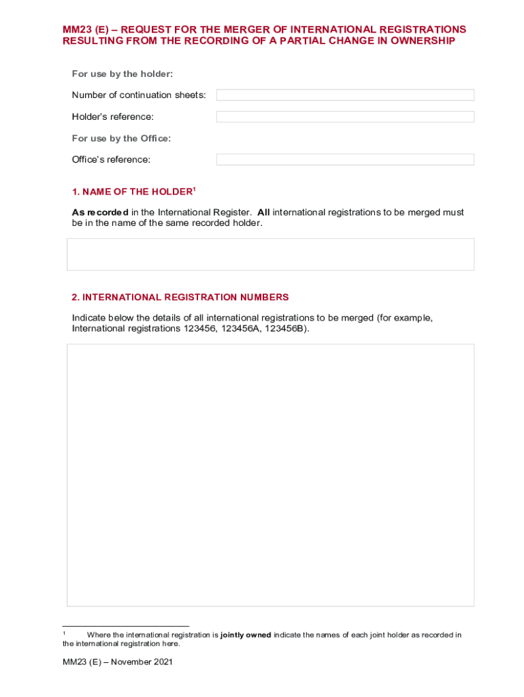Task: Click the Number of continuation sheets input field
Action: (345, 95)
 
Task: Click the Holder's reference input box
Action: (345, 117)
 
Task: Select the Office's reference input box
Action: (345, 159)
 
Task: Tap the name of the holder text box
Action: (270, 255)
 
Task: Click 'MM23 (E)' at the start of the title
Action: (82, 30)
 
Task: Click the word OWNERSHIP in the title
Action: (420, 41)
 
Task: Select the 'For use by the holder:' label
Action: (118, 74)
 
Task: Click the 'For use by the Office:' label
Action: (121, 138)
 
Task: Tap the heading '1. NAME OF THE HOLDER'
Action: (133, 192)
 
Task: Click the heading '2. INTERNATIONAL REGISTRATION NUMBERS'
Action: (180, 297)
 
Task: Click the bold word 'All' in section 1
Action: (263, 212)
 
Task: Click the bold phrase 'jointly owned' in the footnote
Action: (246, 635)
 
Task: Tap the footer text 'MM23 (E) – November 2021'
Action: (118, 662)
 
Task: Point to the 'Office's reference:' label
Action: (111, 159)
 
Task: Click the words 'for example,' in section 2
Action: (406, 319)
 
